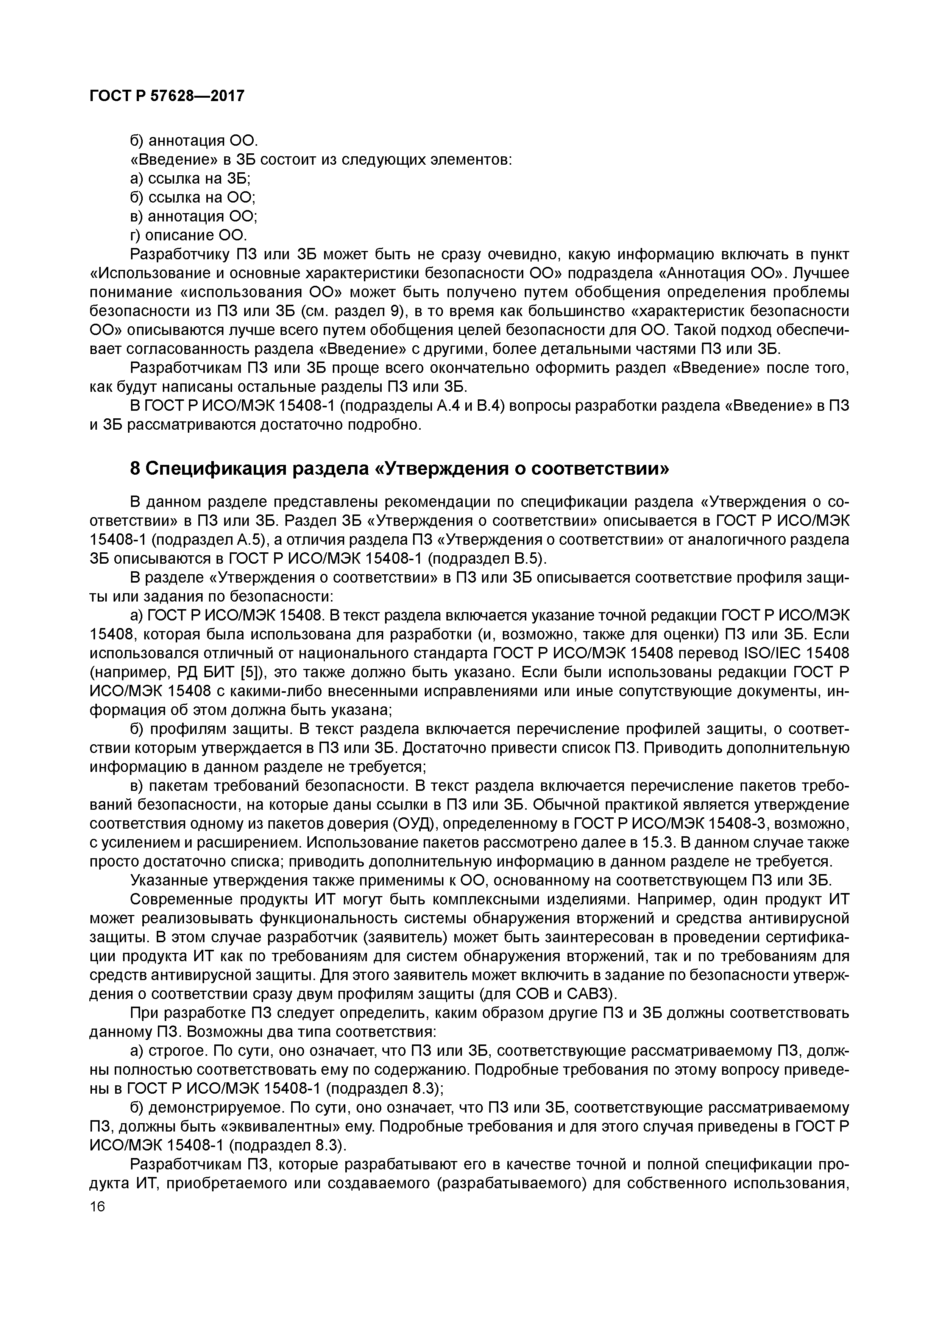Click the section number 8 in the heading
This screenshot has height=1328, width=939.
tap(135, 469)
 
